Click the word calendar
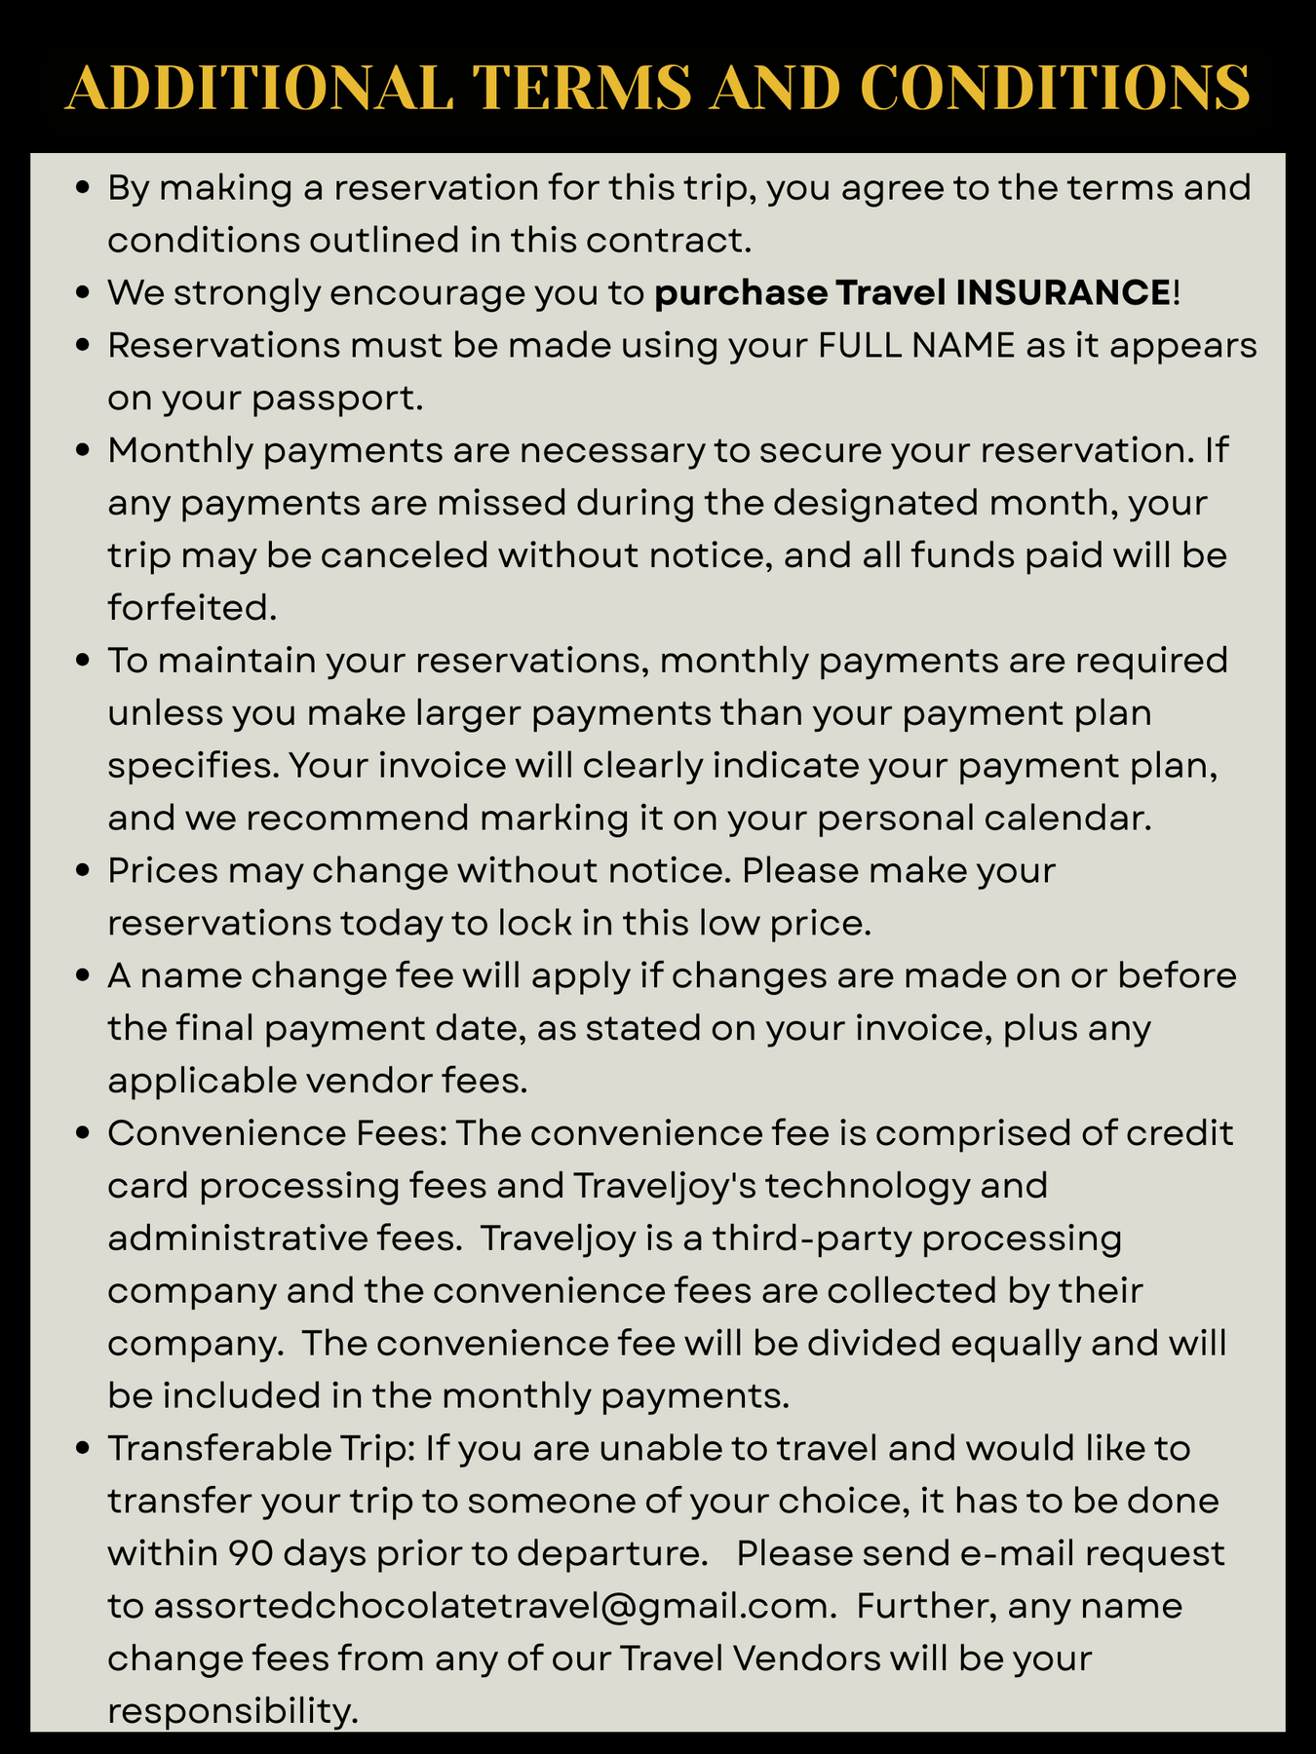pos(1068,818)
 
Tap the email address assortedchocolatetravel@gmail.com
pos(490,1606)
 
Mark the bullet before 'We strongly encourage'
pos(84,293)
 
